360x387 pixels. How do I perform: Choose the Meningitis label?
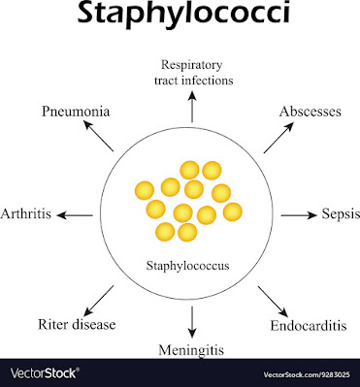[192, 347]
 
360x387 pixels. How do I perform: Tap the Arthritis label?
[27, 213]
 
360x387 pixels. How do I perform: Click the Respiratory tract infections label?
[192, 72]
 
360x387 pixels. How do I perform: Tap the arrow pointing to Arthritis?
[79, 213]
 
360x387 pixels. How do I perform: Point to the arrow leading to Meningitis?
[192, 320]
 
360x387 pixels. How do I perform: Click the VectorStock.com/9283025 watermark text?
[308, 372]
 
